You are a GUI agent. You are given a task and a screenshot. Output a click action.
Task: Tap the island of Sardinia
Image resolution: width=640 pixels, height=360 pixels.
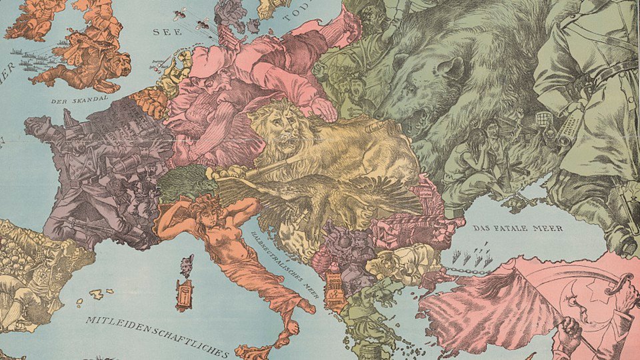[x=185, y=295]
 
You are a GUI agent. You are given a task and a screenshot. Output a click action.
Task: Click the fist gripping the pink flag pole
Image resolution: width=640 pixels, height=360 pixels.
[x=567, y=333]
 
